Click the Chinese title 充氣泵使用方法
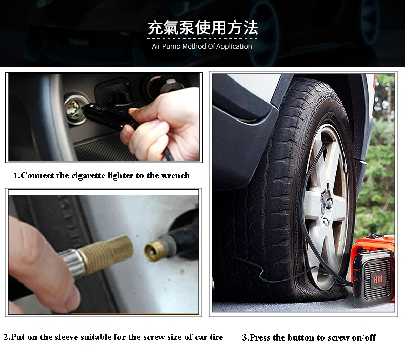coord(203,28)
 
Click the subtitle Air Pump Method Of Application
coord(201,46)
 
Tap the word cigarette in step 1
coord(88,176)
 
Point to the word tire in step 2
coord(216,337)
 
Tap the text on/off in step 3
coord(364,337)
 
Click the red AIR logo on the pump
coord(378,279)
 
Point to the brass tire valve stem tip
coord(153,251)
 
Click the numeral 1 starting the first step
coord(15,176)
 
